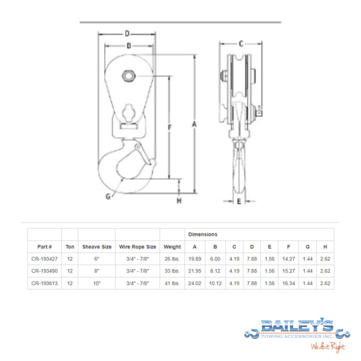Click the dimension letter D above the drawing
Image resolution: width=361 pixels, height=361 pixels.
[x=127, y=34]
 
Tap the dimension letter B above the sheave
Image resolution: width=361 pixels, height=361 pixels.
[x=129, y=46]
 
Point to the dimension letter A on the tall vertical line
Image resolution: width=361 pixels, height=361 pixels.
[x=194, y=124]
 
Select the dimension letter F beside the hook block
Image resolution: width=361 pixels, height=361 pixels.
[x=170, y=127]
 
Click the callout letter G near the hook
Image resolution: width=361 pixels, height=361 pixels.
[x=108, y=196]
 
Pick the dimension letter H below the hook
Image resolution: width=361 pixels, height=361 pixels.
[x=179, y=201]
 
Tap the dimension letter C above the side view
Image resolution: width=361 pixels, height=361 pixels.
[x=241, y=43]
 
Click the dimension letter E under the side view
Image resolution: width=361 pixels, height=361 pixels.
[x=239, y=202]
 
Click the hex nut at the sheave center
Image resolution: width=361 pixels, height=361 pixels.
[x=128, y=76]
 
